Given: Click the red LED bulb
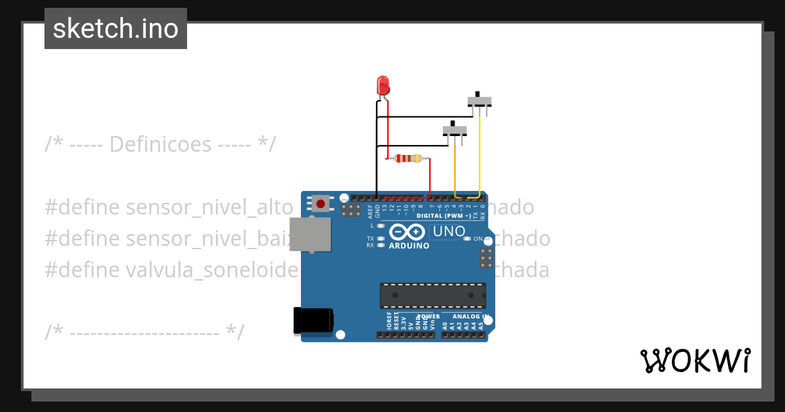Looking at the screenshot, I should click(383, 85).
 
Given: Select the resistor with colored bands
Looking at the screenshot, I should click(410, 158).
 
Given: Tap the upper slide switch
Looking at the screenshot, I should click(480, 101).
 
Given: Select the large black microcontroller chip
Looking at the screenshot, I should click(433, 296).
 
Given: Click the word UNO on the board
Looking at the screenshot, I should click(449, 231).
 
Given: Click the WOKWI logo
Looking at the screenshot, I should click(695, 360).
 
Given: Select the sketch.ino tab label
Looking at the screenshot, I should click(116, 29).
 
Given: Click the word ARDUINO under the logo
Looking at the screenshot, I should click(409, 246).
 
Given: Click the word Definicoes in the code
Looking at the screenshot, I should click(160, 144).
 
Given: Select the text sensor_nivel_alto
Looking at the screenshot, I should click(209, 208).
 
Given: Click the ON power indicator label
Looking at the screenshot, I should click(478, 239).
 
